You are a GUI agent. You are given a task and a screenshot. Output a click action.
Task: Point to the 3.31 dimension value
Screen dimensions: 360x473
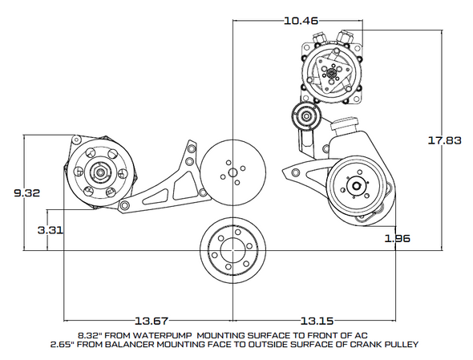coord(50,229)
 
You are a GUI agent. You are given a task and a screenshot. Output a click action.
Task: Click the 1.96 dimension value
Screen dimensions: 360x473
coord(398,238)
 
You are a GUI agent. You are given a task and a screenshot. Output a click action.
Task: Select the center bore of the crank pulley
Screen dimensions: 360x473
coord(232,245)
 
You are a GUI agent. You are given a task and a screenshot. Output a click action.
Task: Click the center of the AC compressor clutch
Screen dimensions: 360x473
coord(330,75)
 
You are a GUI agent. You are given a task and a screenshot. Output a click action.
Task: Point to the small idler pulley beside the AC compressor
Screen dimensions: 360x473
coord(305,115)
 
